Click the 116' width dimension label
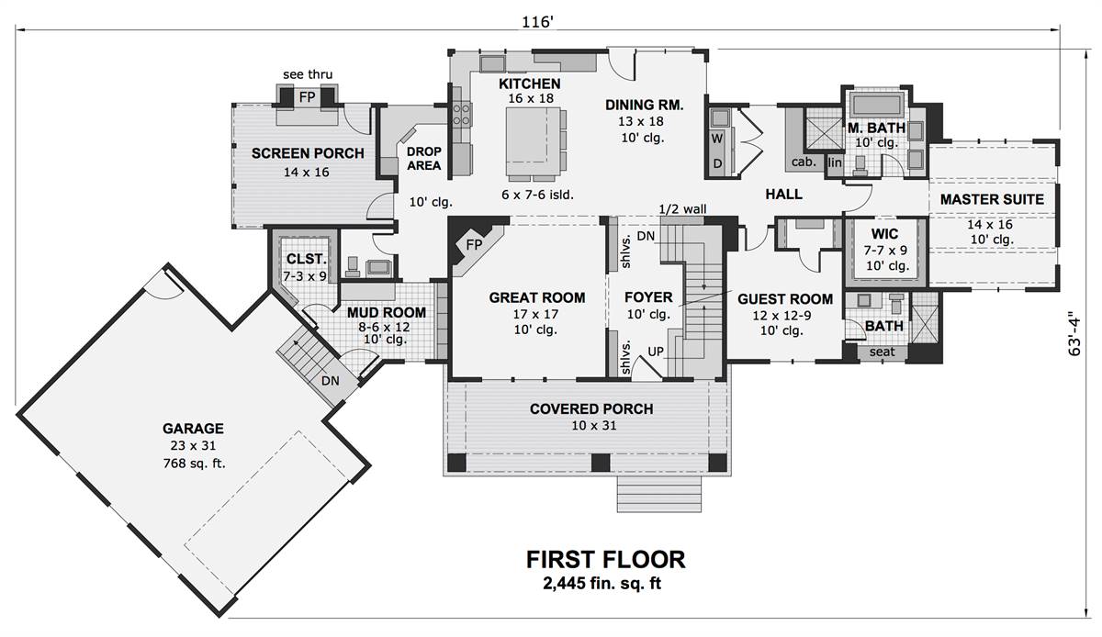(538, 22)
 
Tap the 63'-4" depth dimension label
(1074, 333)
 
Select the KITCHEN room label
(529, 84)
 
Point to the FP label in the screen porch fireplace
(307, 97)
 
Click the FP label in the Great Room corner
(474, 244)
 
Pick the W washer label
(717, 139)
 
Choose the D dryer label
(718, 163)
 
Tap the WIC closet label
(884, 234)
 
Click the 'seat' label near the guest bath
(882, 352)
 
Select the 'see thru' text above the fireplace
(308, 74)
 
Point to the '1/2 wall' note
(682, 209)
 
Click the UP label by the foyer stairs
(656, 352)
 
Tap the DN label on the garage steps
(330, 380)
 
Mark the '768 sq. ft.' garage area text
(195, 464)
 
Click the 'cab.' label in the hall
(804, 162)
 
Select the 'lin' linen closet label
(835, 162)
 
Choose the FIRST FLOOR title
(605, 560)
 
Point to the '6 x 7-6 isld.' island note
(537, 195)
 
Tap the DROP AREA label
(423, 159)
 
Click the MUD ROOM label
(387, 312)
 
